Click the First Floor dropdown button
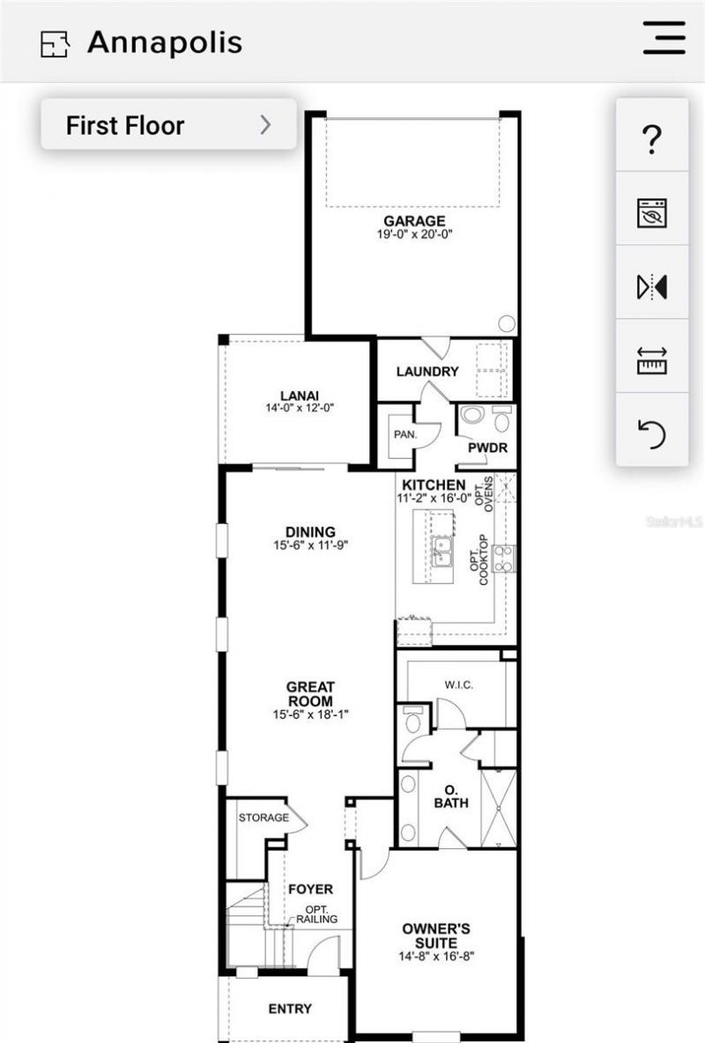click(168, 125)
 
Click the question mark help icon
click(652, 139)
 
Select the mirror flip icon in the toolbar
click(652, 286)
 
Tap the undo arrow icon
click(652, 433)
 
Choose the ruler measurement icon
click(652, 360)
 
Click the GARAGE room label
click(413, 220)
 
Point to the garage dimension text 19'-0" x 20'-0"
click(413, 234)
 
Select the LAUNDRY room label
click(427, 372)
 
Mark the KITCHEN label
click(434, 485)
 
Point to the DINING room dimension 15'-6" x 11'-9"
click(310, 545)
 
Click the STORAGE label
click(263, 817)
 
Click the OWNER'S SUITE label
click(436, 936)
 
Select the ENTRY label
click(289, 1009)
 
